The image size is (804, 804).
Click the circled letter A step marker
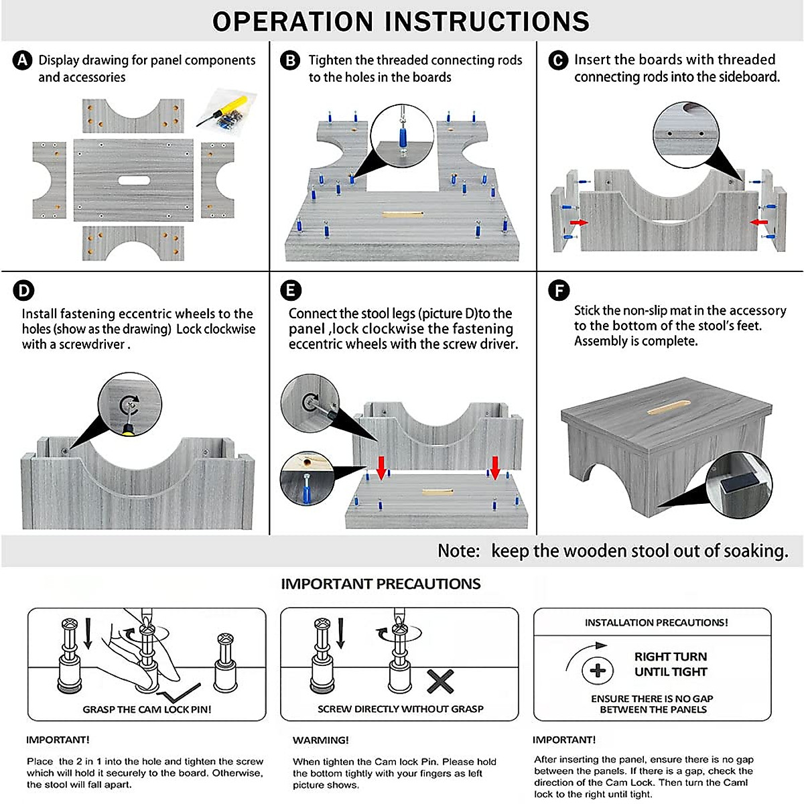22,60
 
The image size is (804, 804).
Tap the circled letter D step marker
23,291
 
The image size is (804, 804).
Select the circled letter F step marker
558,291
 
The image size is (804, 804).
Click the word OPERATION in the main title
292,21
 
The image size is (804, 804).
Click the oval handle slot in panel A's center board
135,180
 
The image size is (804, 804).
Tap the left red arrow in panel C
578,222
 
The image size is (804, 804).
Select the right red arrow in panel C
758,222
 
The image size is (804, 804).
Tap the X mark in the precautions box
440,682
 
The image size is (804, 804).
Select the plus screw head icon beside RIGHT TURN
598,670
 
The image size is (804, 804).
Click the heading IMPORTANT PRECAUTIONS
381,584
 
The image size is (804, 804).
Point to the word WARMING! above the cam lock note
320,740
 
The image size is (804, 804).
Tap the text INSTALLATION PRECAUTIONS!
656,622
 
